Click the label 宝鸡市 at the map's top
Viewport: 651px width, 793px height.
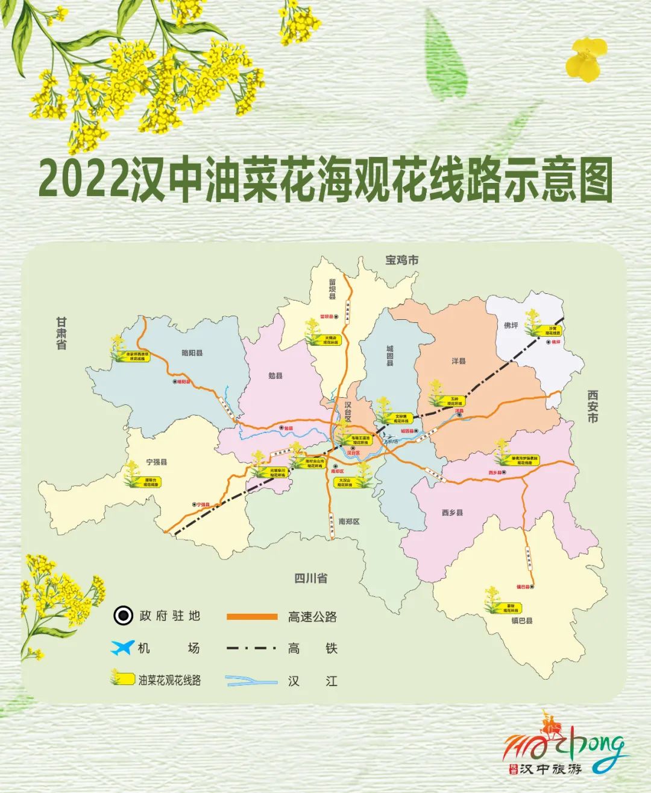coord(402,260)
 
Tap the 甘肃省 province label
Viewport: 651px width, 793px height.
coord(61,334)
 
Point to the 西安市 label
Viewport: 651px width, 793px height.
coord(593,406)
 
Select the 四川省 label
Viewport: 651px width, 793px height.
coord(310,578)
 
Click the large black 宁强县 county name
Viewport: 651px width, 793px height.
coord(156,462)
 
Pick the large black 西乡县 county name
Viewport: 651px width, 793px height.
coord(452,512)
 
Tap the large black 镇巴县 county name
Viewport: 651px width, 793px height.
coord(521,620)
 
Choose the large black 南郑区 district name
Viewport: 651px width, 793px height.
coord(348,521)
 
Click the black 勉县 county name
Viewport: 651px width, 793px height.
coord(275,375)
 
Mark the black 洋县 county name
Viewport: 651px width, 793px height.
coord(459,361)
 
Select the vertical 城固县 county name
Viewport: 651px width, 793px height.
coord(390,356)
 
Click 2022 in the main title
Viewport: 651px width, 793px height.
coord(83,179)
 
